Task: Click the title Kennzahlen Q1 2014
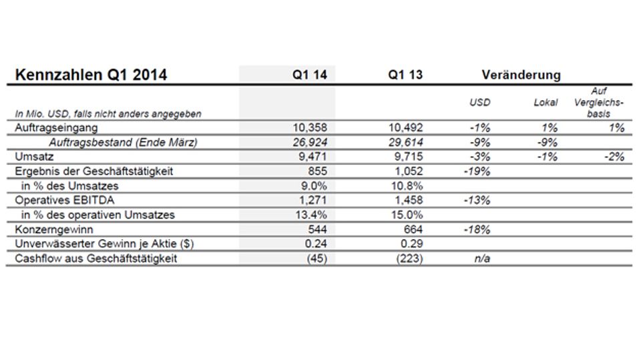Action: (91, 75)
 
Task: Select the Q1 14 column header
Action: (309, 75)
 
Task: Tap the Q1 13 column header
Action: (405, 75)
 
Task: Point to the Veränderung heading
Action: (521, 75)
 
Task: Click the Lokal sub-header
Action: (546, 102)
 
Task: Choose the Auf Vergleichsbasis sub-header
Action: (598, 102)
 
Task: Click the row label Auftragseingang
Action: (56, 128)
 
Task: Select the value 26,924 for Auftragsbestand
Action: (310, 142)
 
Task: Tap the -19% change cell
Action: (477, 172)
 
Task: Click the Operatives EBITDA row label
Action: (65, 200)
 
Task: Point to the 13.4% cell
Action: (311, 215)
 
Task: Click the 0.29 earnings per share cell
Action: (412, 244)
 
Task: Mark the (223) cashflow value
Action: (409, 258)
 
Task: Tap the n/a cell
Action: (482, 258)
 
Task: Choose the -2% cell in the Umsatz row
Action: (614, 157)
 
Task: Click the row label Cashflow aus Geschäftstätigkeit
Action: (96, 258)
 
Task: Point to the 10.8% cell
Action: (407, 186)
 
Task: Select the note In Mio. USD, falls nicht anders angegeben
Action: (108, 114)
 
